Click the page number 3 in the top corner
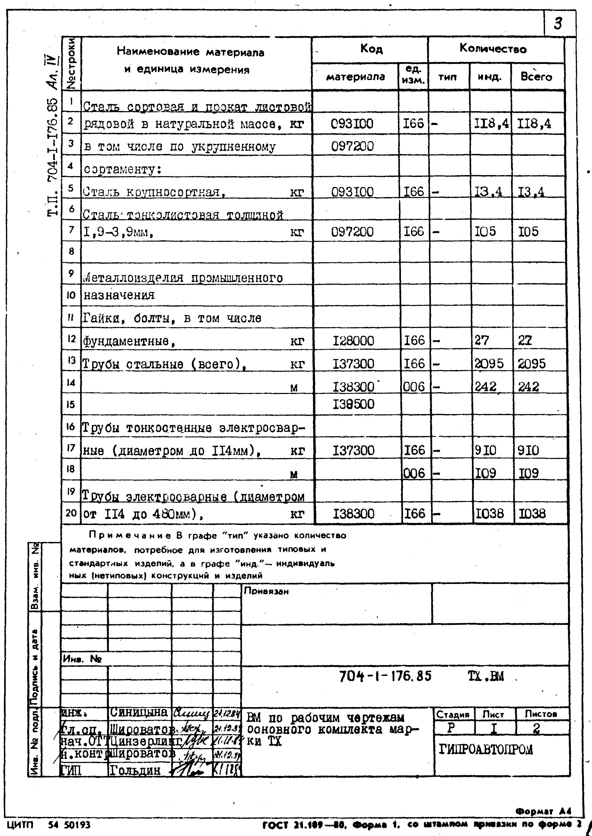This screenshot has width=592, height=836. coord(558,24)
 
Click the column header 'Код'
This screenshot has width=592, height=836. coord(371,49)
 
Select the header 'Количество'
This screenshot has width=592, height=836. coord(493,49)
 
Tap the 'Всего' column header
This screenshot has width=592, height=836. coord(536,77)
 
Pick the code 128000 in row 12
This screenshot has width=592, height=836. coord(353,341)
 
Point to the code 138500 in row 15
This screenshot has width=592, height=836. coord(353,404)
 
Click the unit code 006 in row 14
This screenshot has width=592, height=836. coord(414,386)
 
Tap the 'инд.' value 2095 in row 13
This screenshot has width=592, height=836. coord(489,363)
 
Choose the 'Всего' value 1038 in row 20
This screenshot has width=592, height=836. coord(532,514)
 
